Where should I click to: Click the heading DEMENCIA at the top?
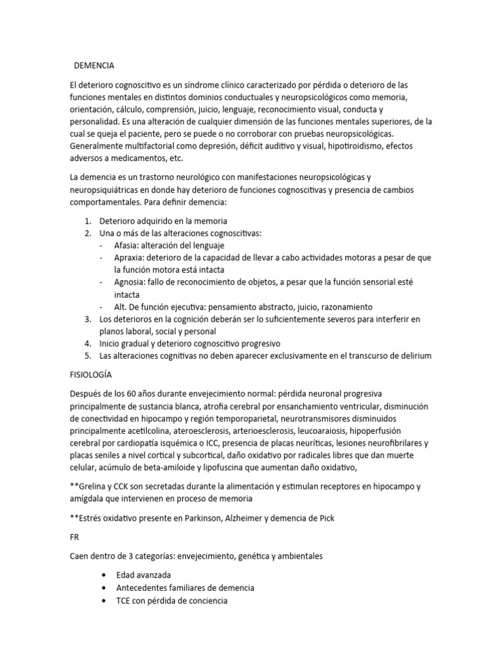pos(94,65)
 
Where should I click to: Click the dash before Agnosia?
pos(100,282)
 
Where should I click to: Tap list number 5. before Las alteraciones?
pos(88,355)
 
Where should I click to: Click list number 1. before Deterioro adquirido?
pos(88,220)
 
